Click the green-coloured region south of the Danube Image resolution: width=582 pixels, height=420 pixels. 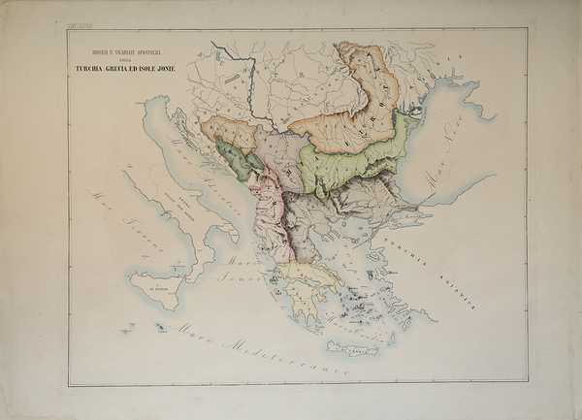click(x=349, y=160)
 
